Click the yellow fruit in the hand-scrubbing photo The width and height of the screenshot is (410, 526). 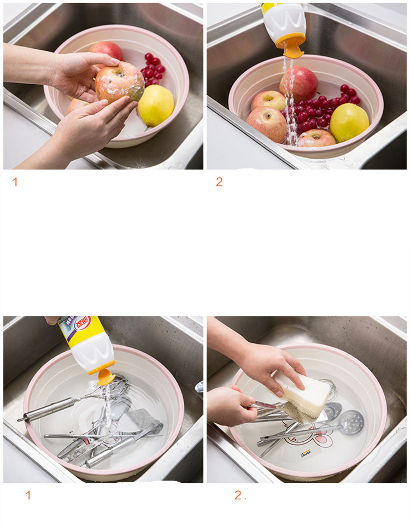coord(156,106)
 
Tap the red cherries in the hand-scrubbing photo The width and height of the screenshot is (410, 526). coord(153,68)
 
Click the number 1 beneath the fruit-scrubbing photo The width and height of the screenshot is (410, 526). coord(15,182)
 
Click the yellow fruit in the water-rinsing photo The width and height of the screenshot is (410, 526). coord(349,122)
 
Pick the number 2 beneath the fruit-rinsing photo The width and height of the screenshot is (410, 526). coord(219,182)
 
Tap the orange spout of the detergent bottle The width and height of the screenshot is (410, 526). coord(106,376)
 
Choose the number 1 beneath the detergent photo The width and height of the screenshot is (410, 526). coord(28,496)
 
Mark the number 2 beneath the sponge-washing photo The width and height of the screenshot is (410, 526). coord(238,496)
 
